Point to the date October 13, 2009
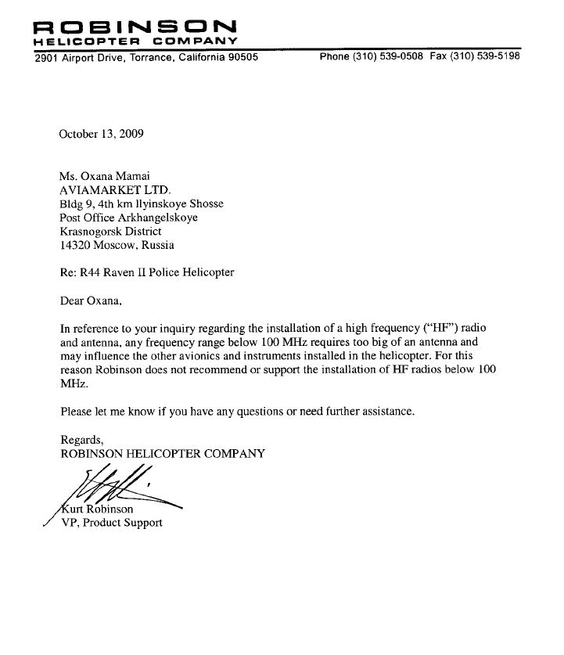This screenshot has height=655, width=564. click(101, 133)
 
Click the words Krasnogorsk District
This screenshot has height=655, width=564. click(110, 232)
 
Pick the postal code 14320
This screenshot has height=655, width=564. click(75, 245)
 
